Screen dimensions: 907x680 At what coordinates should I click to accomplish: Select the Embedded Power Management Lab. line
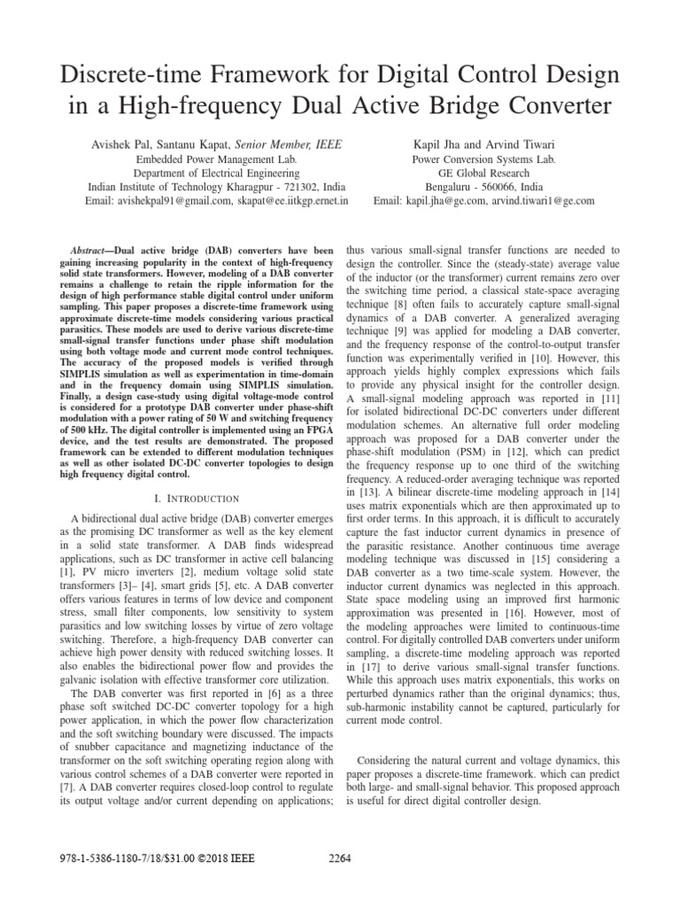pos(217,159)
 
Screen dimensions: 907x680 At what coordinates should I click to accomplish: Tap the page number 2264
pos(341,857)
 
